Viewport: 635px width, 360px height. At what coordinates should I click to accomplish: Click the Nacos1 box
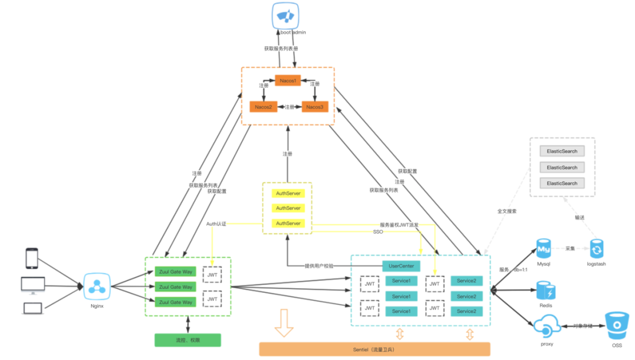point(288,80)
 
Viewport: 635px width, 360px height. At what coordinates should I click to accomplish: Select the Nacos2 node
point(263,107)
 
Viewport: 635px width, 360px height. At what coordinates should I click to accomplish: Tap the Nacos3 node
point(315,107)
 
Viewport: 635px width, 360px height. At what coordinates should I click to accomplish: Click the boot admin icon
point(288,15)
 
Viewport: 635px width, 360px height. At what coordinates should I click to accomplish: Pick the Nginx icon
point(96,287)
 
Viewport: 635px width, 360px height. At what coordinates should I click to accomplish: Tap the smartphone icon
point(32,258)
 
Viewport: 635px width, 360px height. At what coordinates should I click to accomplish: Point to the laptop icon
point(32,308)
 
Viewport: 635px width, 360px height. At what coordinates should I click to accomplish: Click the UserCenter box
point(402,266)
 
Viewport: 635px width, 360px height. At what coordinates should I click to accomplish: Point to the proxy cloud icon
point(546,325)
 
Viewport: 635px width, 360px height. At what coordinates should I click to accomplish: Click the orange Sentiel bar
point(374,349)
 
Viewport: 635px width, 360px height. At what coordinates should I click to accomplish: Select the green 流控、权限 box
point(188,340)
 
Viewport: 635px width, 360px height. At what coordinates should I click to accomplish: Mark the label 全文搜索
point(506,211)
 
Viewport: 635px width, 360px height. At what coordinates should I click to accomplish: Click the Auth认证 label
point(216,224)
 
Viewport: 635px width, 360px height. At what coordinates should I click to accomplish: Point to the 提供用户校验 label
point(319,266)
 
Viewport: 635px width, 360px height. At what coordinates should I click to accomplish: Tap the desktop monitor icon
point(32,284)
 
